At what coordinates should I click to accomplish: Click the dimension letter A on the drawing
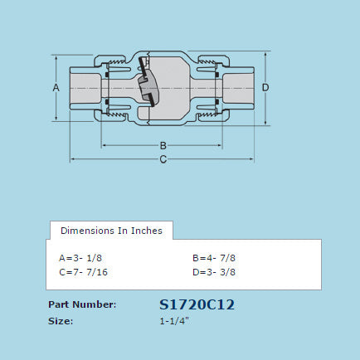(56, 87)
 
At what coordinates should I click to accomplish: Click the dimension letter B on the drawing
(163, 146)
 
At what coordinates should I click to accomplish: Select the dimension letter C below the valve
(163, 158)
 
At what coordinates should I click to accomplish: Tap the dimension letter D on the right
(265, 87)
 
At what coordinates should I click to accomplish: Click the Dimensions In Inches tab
(112, 231)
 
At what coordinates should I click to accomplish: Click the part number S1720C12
(197, 304)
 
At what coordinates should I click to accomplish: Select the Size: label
(61, 320)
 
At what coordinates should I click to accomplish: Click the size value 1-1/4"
(175, 320)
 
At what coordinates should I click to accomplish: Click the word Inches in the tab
(147, 231)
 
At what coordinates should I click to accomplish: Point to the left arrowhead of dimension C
(72, 158)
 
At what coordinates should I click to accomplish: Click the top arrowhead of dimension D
(265, 55)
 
